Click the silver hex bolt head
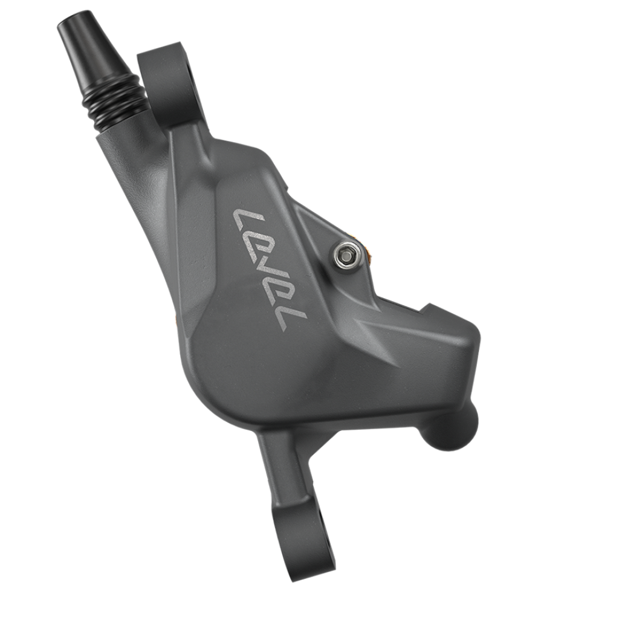click(x=345, y=255)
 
